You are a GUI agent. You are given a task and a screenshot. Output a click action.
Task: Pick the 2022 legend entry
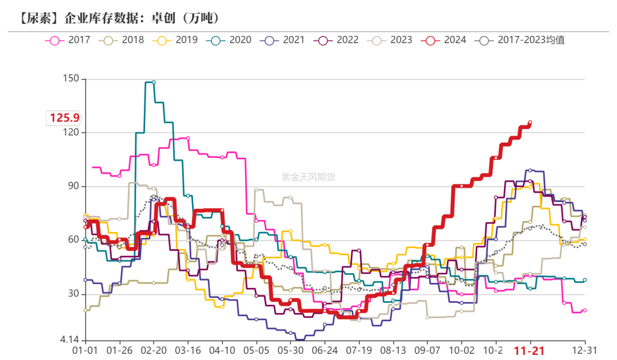(x=338, y=40)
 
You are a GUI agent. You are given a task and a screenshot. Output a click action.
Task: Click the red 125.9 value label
(x=64, y=118)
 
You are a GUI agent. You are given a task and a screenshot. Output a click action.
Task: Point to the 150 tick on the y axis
(x=71, y=79)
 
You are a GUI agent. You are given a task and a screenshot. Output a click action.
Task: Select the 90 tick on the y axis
(x=74, y=186)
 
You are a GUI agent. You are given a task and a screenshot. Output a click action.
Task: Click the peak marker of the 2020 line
(x=154, y=82)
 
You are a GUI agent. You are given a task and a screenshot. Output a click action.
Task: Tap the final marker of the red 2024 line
(x=530, y=122)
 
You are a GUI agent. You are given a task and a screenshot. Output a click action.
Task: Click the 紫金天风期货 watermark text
(x=308, y=177)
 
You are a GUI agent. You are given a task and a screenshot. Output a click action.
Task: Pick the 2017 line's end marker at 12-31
(x=584, y=310)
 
